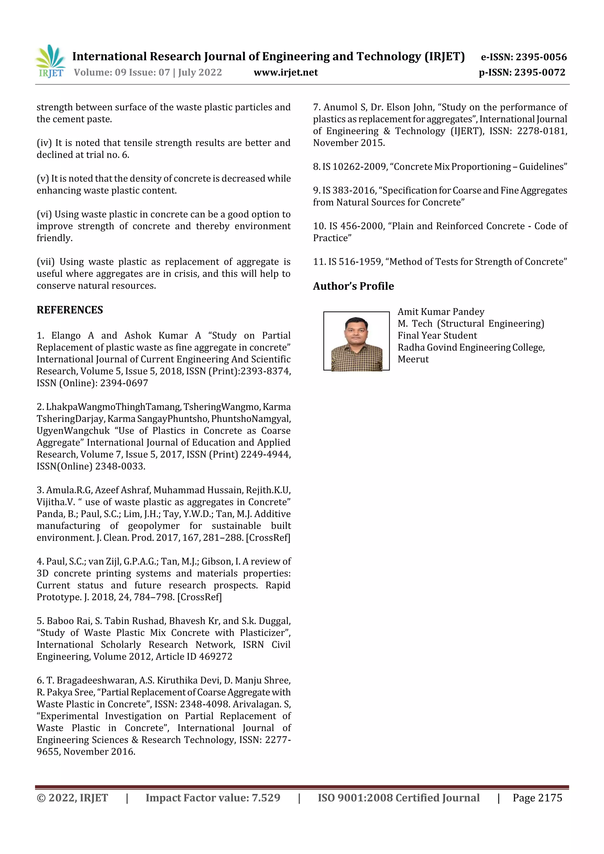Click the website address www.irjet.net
pyautogui.click(x=285, y=73)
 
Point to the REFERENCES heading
pyautogui.click(x=70, y=310)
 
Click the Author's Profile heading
pyautogui.click(x=353, y=286)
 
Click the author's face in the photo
pyautogui.click(x=356, y=330)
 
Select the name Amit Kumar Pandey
pyautogui.click(x=441, y=312)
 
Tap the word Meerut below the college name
pyautogui.click(x=413, y=359)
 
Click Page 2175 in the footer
pyautogui.click(x=537, y=798)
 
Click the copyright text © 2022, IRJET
pyautogui.click(x=72, y=798)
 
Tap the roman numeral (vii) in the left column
pyautogui.click(x=45, y=262)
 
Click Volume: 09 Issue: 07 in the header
pyautogui.click(x=122, y=73)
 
